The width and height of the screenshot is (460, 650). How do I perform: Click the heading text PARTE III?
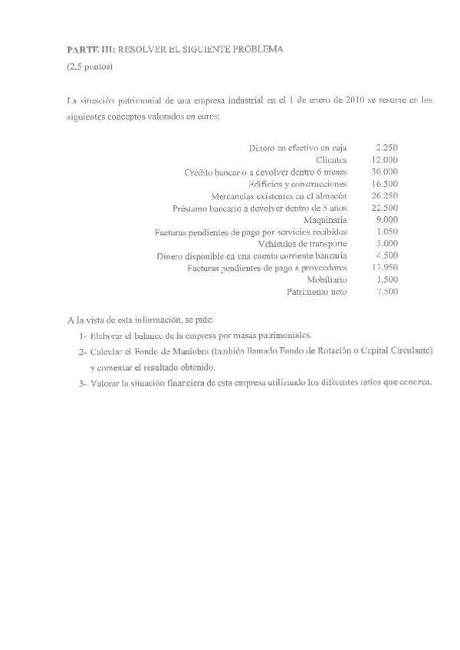point(90,49)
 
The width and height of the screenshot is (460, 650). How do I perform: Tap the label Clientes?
point(332,159)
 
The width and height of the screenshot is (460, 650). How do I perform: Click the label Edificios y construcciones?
point(299,184)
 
